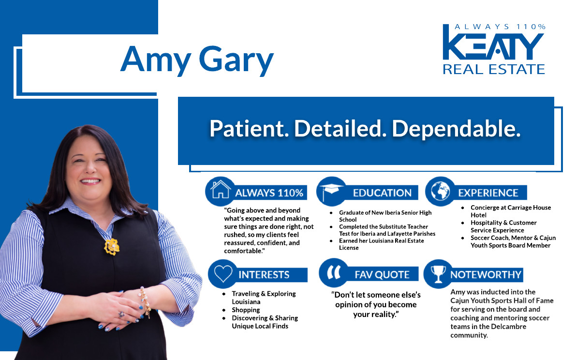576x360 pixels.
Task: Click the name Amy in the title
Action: pos(156,60)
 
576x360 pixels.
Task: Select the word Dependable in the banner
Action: pos(456,129)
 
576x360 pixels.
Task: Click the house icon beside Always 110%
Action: pos(220,190)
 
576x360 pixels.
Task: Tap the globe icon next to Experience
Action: pos(440,191)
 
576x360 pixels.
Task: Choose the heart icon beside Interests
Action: pos(223,274)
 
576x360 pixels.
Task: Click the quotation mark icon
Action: pos(334,272)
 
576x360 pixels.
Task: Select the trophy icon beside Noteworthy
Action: pos(438,274)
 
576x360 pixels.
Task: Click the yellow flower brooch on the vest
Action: pos(112,246)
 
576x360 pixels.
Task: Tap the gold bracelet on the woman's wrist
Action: pos(145,302)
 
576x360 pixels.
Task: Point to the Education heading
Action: pos(382,193)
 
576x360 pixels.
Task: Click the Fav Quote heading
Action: pos(382,275)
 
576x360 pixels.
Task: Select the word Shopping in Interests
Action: pos(246,310)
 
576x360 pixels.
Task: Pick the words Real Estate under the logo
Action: pos(493,69)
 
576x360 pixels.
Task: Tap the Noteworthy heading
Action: pos(486,275)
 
